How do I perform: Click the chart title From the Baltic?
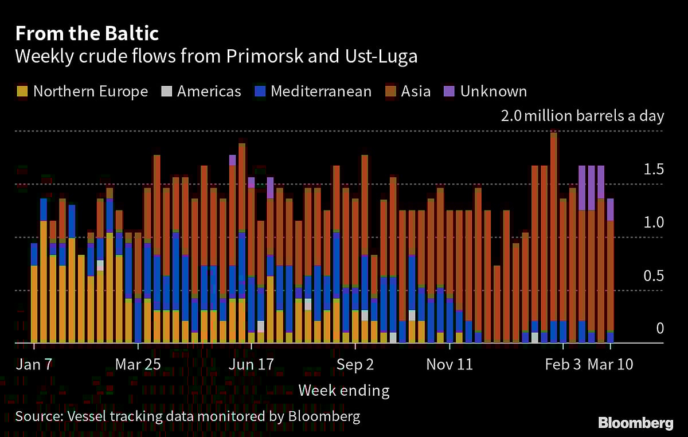[x=87, y=34]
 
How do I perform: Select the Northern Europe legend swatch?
[x=22, y=91]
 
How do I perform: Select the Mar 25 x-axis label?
[x=138, y=364]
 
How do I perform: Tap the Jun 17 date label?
[x=251, y=364]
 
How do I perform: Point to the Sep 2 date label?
[x=355, y=364]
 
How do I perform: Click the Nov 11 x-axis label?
[x=450, y=364]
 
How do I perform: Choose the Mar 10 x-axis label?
[x=611, y=364]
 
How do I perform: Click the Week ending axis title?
[x=343, y=391]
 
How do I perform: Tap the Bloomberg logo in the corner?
[x=636, y=423]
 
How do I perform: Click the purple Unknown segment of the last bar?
[x=611, y=209]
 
